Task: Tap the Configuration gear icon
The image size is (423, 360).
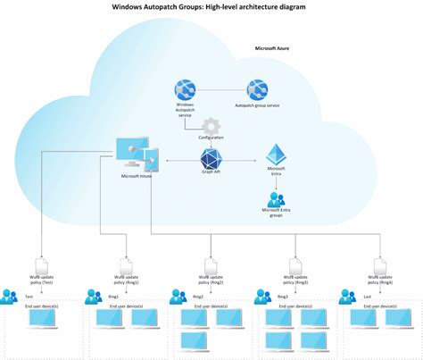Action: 211,126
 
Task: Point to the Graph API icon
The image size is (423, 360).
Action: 211,159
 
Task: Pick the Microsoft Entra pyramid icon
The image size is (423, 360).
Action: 276,154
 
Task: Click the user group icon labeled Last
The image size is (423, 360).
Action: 349,295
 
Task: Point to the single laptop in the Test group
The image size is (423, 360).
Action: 45,319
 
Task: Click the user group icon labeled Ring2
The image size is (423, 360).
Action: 179,295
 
